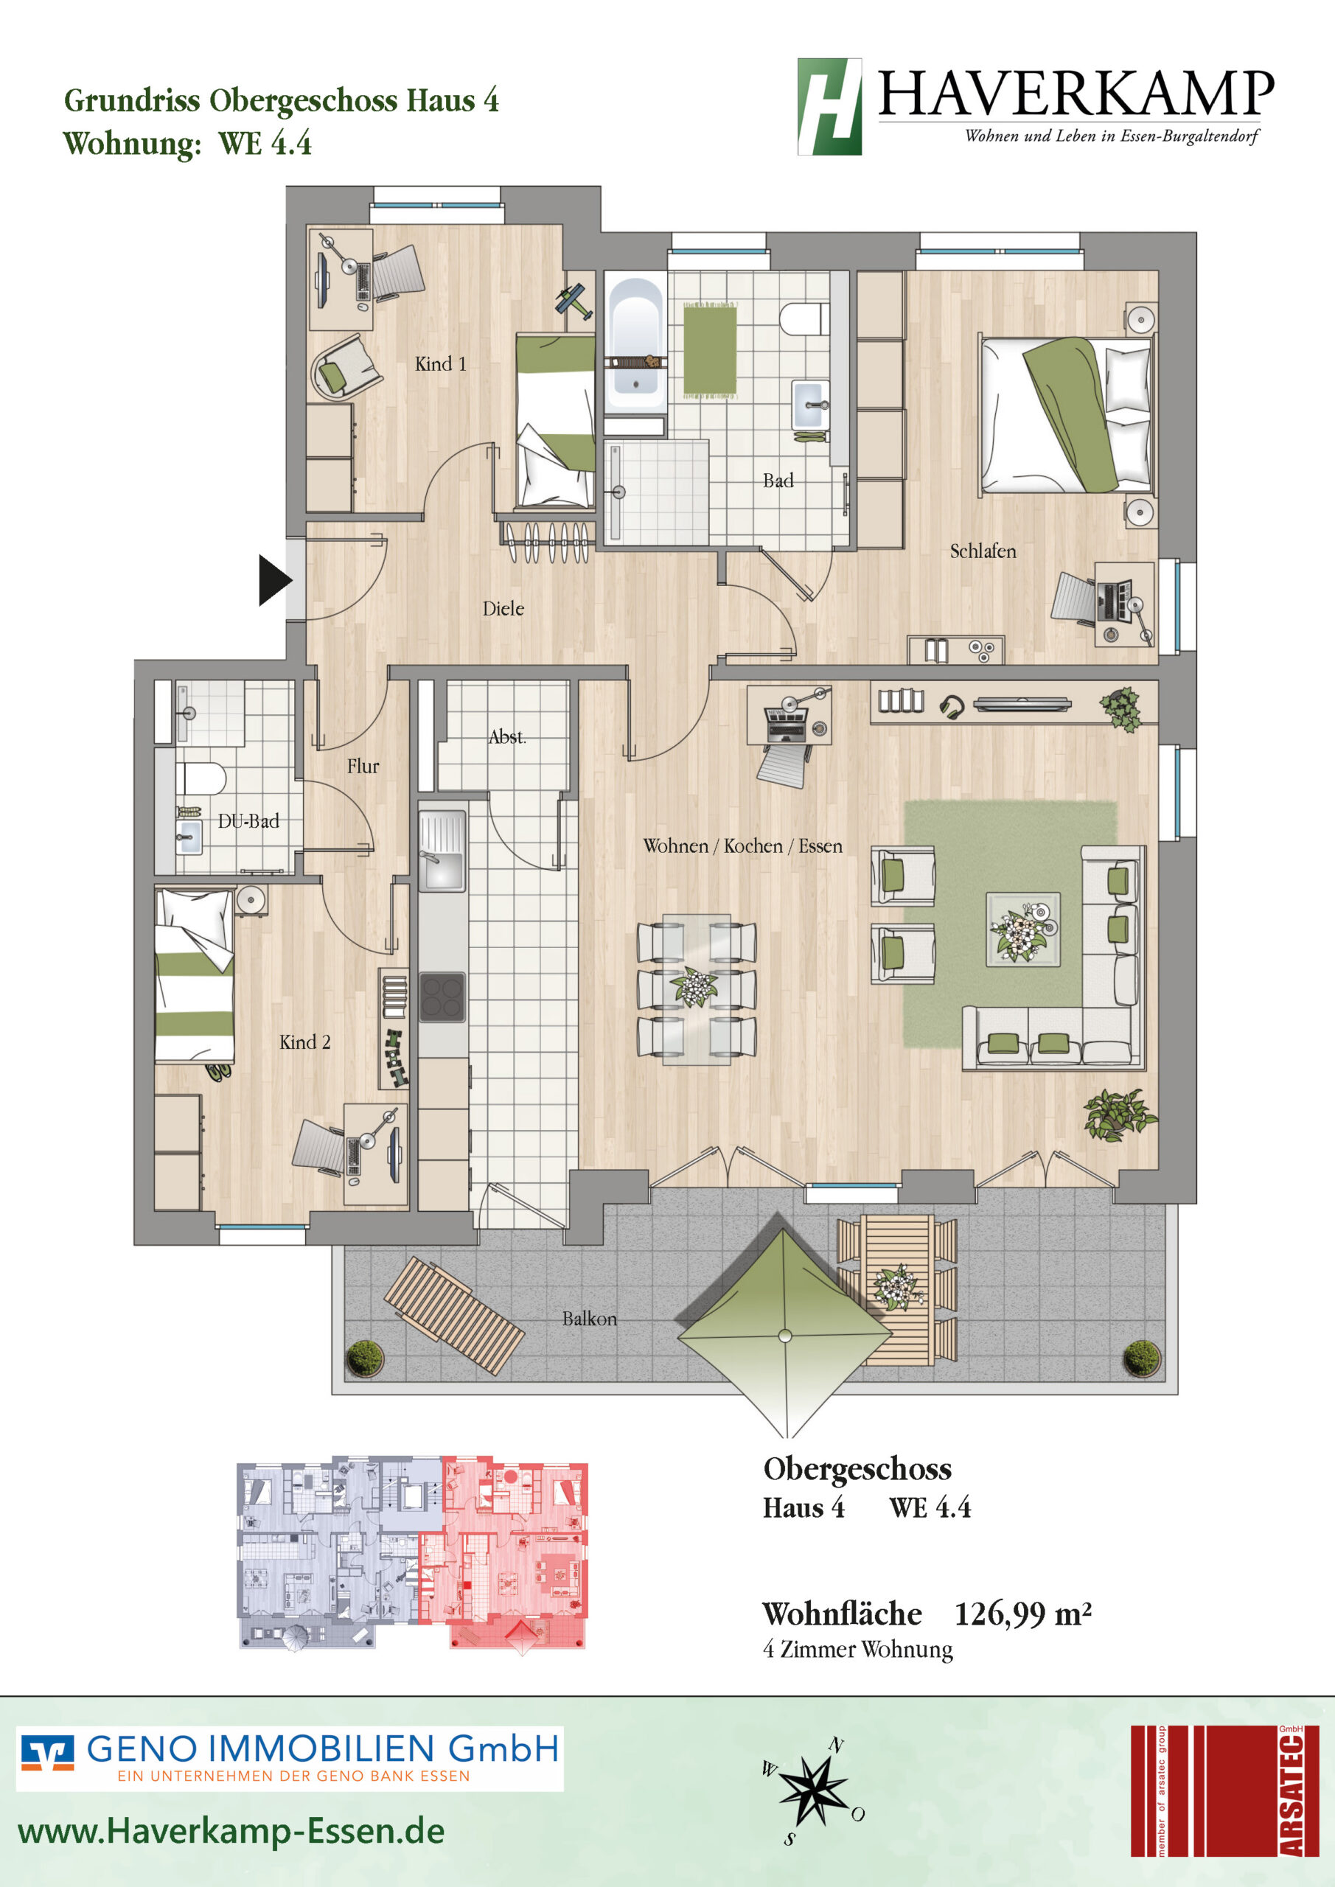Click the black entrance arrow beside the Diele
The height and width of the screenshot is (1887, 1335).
(x=274, y=580)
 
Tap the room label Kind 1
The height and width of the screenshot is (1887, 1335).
(x=441, y=363)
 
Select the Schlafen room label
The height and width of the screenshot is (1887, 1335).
(x=983, y=551)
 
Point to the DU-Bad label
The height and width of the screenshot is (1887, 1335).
(x=248, y=820)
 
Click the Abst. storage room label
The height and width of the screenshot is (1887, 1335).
(x=507, y=736)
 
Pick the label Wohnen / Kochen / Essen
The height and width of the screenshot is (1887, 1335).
(x=742, y=845)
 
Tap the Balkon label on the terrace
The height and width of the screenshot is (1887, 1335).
(x=590, y=1318)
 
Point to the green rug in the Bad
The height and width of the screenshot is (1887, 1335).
(x=710, y=349)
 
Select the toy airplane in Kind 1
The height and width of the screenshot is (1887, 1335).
(x=574, y=301)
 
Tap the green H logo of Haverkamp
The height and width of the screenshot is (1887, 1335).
(x=829, y=107)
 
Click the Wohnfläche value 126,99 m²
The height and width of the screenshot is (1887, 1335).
(x=1022, y=1614)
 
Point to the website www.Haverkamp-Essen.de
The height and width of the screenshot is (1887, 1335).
(x=231, y=1830)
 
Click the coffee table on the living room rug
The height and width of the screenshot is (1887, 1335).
(x=1022, y=929)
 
